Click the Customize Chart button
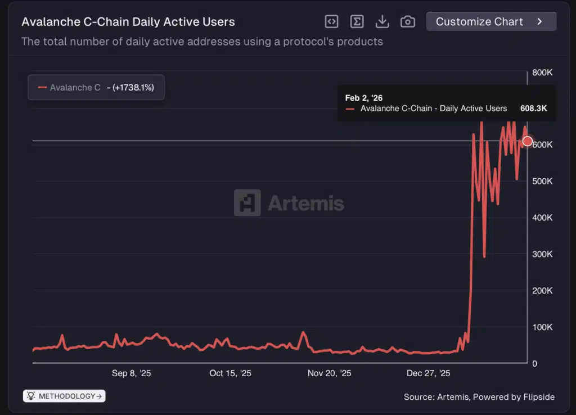pos(491,21)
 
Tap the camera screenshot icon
pos(407,21)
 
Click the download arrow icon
pos(382,21)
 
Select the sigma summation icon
pos(357,21)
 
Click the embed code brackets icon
pos(332,21)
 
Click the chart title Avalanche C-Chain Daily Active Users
pos(128,22)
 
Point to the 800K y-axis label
pos(542,73)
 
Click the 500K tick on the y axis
pos(542,181)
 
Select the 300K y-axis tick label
pos(542,254)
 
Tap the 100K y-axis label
pos(542,327)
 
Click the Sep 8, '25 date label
pos(132,373)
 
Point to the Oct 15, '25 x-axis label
pos(231,373)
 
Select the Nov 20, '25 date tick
pos(330,373)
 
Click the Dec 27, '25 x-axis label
pos(429,373)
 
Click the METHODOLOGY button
pos(64,396)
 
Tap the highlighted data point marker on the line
pos(527,141)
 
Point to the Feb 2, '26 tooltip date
pos(364,98)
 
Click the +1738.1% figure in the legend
pos(133,88)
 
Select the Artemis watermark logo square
pos(247,203)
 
